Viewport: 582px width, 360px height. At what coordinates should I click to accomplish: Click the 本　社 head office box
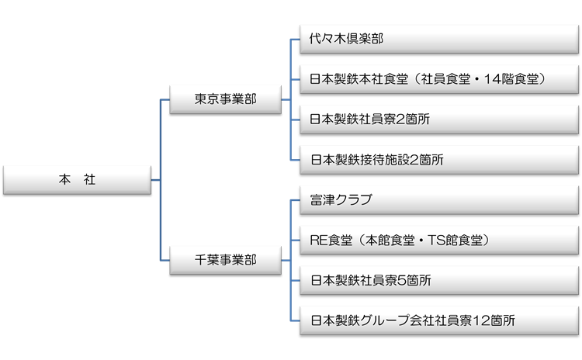coord(77,180)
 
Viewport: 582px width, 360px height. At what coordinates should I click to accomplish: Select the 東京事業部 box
coord(225,99)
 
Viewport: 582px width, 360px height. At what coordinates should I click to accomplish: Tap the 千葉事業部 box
coord(225,260)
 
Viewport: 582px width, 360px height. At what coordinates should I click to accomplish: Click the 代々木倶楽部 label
coord(346,39)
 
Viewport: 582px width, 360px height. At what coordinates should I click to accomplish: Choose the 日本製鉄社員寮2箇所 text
coord(369,119)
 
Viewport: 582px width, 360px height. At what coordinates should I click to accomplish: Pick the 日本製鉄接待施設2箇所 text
coord(377,160)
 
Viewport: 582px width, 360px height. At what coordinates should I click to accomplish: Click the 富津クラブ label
coord(341,199)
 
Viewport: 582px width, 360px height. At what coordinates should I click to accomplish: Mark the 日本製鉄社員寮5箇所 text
coord(371,280)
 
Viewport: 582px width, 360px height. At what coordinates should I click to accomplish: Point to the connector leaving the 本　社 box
coord(156,180)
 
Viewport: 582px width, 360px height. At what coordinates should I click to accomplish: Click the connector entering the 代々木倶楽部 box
coord(295,40)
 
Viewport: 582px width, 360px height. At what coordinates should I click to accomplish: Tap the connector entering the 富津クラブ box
coord(295,200)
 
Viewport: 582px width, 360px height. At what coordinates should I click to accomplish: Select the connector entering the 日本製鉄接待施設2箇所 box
coord(295,160)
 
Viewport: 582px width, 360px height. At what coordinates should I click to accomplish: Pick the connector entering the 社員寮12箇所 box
coord(295,320)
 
